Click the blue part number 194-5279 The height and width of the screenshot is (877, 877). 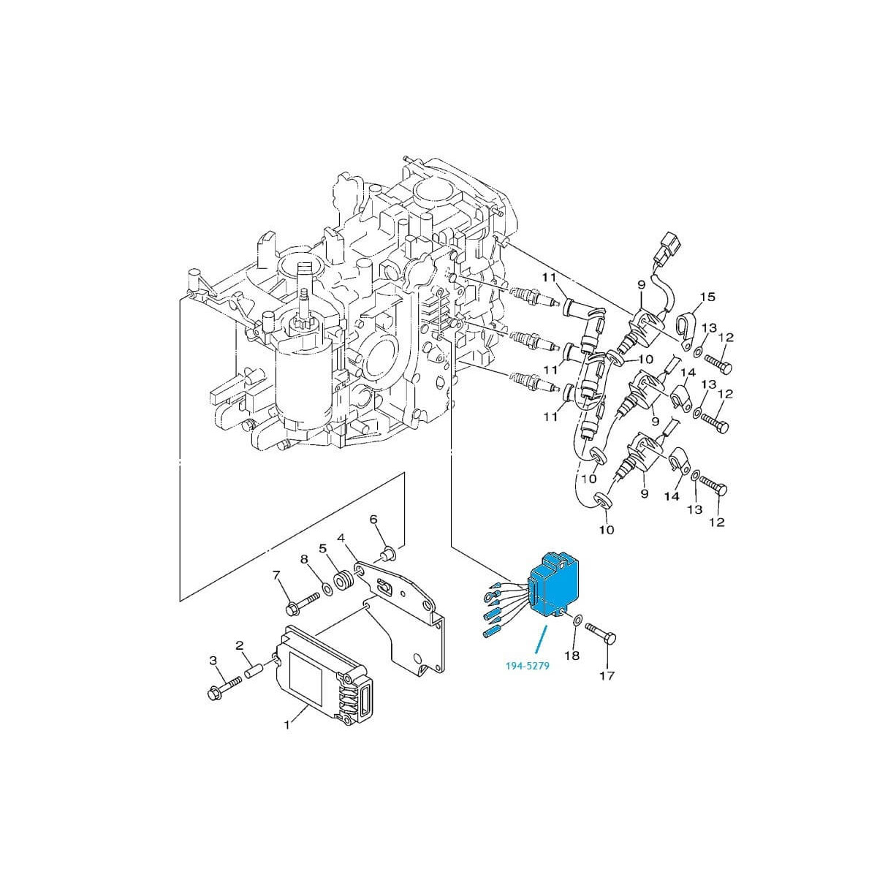click(x=528, y=666)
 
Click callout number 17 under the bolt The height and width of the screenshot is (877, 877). click(x=607, y=688)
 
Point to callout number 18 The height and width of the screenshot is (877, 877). click(x=572, y=656)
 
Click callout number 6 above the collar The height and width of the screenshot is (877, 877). click(x=373, y=519)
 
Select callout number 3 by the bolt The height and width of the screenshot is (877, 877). click(x=213, y=661)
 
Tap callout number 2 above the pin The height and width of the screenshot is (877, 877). click(x=240, y=645)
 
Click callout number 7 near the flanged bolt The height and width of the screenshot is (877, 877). click(x=276, y=575)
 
